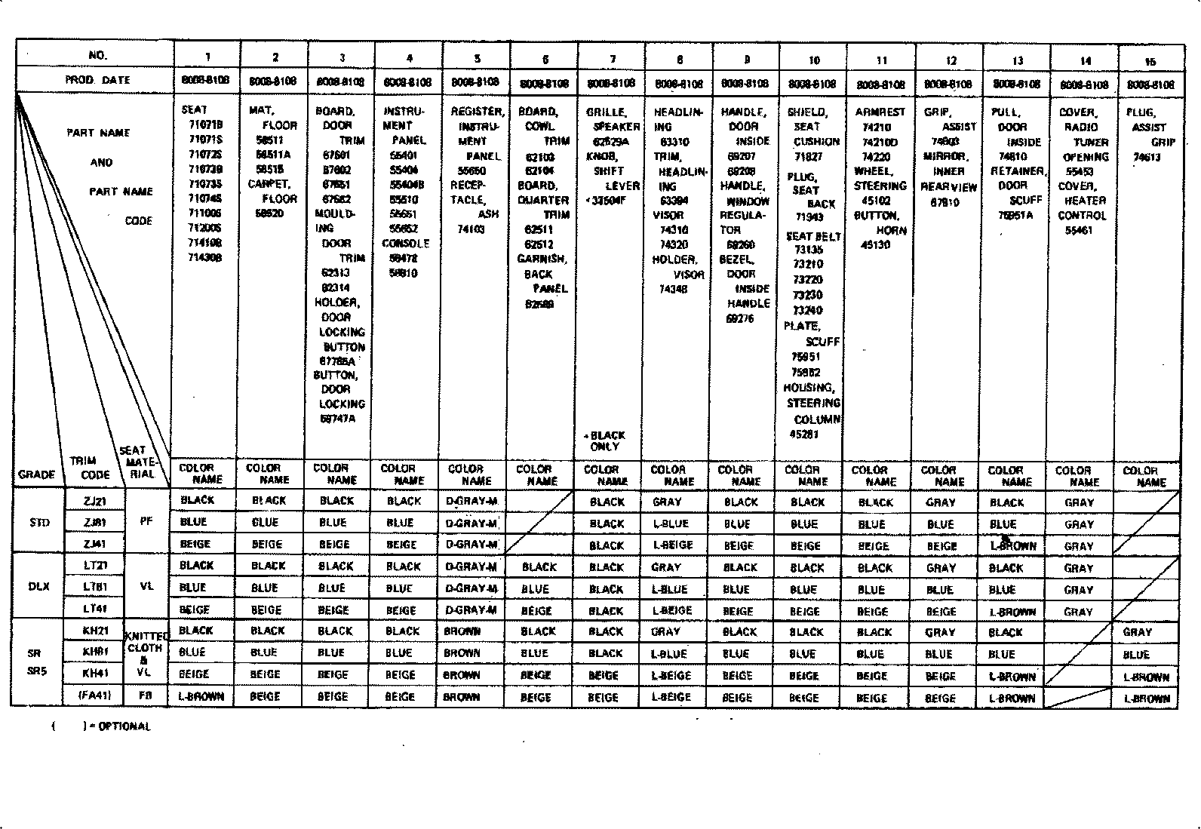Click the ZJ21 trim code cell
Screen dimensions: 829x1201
pyautogui.click(x=97, y=500)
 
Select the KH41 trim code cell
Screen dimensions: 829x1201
pyautogui.click(x=97, y=674)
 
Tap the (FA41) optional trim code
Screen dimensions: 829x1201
pyautogui.click(x=97, y=696)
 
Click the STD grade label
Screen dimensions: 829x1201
pyautogui.click(x=39, y=522)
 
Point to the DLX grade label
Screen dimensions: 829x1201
pyautogui.click(x=38, y=587)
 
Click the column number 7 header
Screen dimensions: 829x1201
pyautogui.click(x=613, y=59)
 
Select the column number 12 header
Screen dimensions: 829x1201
pyautogui.click(x=951, y=60)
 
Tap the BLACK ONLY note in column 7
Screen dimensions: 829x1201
pyautogui.click(x=606, y=441)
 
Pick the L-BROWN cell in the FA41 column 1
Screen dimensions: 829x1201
pyautogui.click(x=201, y=696)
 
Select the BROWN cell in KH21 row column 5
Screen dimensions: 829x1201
pyautogui.click(x=462, y=631)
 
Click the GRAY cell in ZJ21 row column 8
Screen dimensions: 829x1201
pyautogui.click(x=667, y=502)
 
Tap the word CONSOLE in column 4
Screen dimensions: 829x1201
pyautogui.click(x=405, y=244)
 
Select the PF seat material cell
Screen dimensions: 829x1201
pyautogui.click(x=146, y=521)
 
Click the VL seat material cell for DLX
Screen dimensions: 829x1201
pyautogui.click(x=146, y=586)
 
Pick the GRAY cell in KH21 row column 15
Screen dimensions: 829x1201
pyautogui.click(x=1137, y=632)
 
